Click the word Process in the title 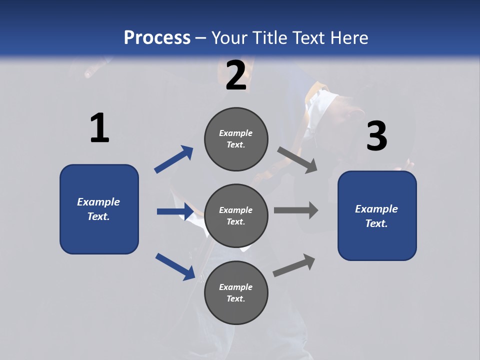pyautogui.click(x=157, y=37)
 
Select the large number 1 pyautogui.click(x=99, y=128)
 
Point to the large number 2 pyautogui.click(x=236, y=75)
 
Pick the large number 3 pyautogui.click(x=376, y=136)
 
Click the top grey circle pyautogui.click(x=236, y=139)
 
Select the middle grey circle pyautogui.click(x=236, y=216)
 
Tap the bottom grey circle pyautogui.click(x=236, y=293)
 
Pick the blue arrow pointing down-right pyautogui.click(x=175, y=266)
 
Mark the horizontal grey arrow pyautogui.click(x=296, y=210)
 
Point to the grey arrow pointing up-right pyautogui.click(x=294, y=265)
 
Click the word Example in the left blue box pyautogui.click(x=98, y=202)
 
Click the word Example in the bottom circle pyautogui.click(x=236, y=287)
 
